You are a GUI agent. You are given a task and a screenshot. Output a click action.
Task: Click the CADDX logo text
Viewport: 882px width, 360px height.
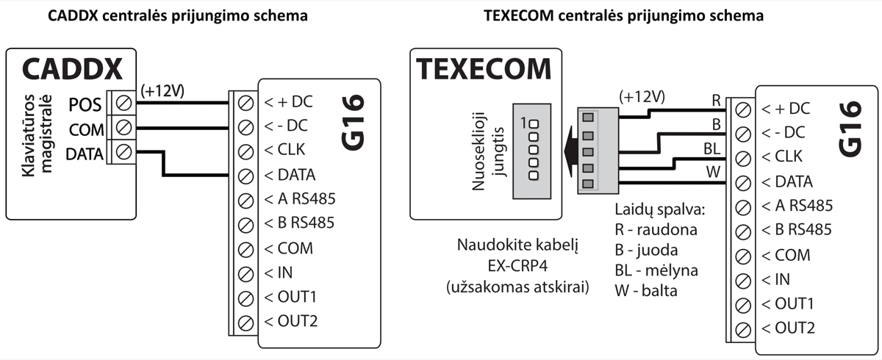click(72, 69)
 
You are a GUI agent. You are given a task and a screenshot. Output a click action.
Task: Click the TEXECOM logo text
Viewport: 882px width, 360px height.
click(484, 69)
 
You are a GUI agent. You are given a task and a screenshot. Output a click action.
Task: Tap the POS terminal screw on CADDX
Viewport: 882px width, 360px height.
click(124, 104)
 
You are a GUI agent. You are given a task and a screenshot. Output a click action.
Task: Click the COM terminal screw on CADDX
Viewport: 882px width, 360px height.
click(124, 129)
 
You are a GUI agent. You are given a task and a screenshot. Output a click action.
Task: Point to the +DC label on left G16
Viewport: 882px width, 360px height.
click(288, 104)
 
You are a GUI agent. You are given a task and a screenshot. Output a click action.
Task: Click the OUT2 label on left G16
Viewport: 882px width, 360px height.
click(292, 321)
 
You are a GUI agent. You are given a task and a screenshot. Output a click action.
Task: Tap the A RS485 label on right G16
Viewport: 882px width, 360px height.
click(797, 206)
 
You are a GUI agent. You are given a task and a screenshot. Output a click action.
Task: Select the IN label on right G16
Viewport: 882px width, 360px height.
click(776, 278)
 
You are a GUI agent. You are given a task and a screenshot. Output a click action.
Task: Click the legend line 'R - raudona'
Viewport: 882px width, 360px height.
click(656, 230)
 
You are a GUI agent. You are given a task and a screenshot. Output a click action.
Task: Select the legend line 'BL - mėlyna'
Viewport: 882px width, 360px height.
click(656, 270)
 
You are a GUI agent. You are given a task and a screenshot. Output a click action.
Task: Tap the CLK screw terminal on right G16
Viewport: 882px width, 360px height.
click(743, 157)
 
